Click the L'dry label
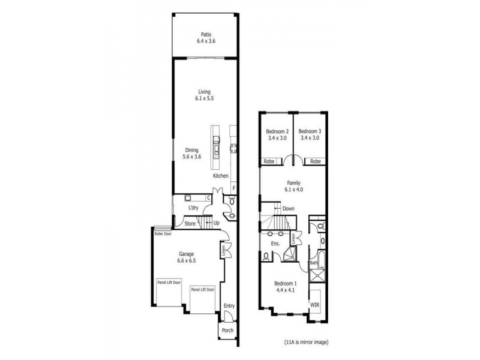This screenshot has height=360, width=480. pyautogui.click(x=193, y=208)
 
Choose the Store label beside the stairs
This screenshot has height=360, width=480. pyautogui.click(x=190, y=224)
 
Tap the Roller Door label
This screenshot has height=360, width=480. pyautogui.click(x=163, y=234)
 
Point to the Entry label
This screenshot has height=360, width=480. pyautogui.click(x=229, y=306)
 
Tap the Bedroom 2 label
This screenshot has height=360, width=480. pyautogui.click(x=278, y=131)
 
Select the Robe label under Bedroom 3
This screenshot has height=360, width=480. pyautogui.click(x=315, y=161)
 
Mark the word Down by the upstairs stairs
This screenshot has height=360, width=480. pyautogui.click(x=289, y=209)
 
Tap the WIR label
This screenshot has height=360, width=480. pyautogui.click(x=315, y=305)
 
